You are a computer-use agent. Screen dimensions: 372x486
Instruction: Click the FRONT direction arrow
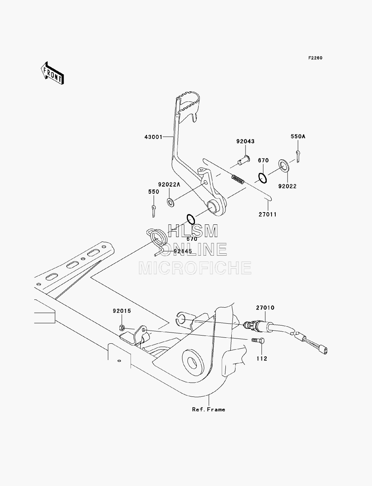pos(52,73)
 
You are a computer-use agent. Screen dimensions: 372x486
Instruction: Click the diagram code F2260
pos(315,58)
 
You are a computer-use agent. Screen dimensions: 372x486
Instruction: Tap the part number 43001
pos(153,137)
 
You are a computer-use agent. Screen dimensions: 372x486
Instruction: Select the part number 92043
pos(245,141)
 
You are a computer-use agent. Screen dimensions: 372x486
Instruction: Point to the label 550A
pos(298,136)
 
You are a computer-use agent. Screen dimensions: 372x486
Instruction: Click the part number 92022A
pos(169,184)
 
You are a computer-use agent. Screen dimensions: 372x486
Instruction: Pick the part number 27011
pos(267,214)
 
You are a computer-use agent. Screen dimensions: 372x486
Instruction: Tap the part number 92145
pos(183,251)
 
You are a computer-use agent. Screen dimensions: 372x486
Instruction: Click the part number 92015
pos(122,311)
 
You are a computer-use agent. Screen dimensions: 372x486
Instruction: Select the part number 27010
pos(265,308)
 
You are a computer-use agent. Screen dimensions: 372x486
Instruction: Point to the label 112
pos(262,359)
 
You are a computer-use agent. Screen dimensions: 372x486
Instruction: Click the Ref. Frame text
pos(209,409)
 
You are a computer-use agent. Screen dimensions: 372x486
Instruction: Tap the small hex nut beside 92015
pos(122,327)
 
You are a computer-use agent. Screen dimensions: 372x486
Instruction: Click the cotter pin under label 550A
pos(298,156)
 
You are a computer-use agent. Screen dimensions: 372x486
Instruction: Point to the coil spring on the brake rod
pos(238,179)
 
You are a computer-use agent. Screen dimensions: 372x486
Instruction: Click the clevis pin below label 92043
pos(244,161)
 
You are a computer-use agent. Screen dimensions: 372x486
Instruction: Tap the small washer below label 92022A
pos(170,202)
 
